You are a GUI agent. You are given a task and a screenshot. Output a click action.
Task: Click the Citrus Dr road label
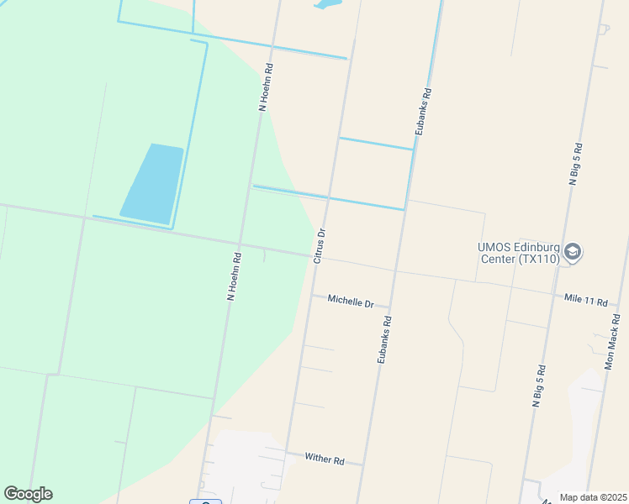[x=320, y=245]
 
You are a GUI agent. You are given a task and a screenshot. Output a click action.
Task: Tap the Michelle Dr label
[x=351, y=301]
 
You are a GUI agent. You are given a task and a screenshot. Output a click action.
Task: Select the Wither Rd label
[x=325, y=459]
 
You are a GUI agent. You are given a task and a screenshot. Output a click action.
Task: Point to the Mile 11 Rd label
[x=585, y=299]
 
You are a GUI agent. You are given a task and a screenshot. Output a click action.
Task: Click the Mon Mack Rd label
[x=616, y=342]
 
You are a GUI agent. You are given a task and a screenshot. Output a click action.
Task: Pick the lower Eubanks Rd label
[x=384, y=339]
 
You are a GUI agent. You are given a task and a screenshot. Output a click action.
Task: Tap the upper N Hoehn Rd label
[x=266, y=87]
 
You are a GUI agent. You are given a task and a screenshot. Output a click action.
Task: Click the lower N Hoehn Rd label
[x=235, y=276]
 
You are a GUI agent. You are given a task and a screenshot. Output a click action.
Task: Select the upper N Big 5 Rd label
[x=575, y=163]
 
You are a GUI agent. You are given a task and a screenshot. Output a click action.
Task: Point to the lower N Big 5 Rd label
[x=539, y=386]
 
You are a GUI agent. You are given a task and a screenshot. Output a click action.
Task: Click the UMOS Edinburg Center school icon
[x=573, y=252]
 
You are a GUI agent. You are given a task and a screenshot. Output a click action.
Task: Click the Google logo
[x=28, y=494]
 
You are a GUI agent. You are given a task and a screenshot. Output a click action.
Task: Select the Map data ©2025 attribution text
[x=594, y=497]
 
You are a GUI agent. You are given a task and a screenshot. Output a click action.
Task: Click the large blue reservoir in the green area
[x=152, y=183]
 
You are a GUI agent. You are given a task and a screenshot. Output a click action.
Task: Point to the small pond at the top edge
[x=328, y=4]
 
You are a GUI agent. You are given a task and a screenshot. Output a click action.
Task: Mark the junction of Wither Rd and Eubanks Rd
[x=363, y=465]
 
